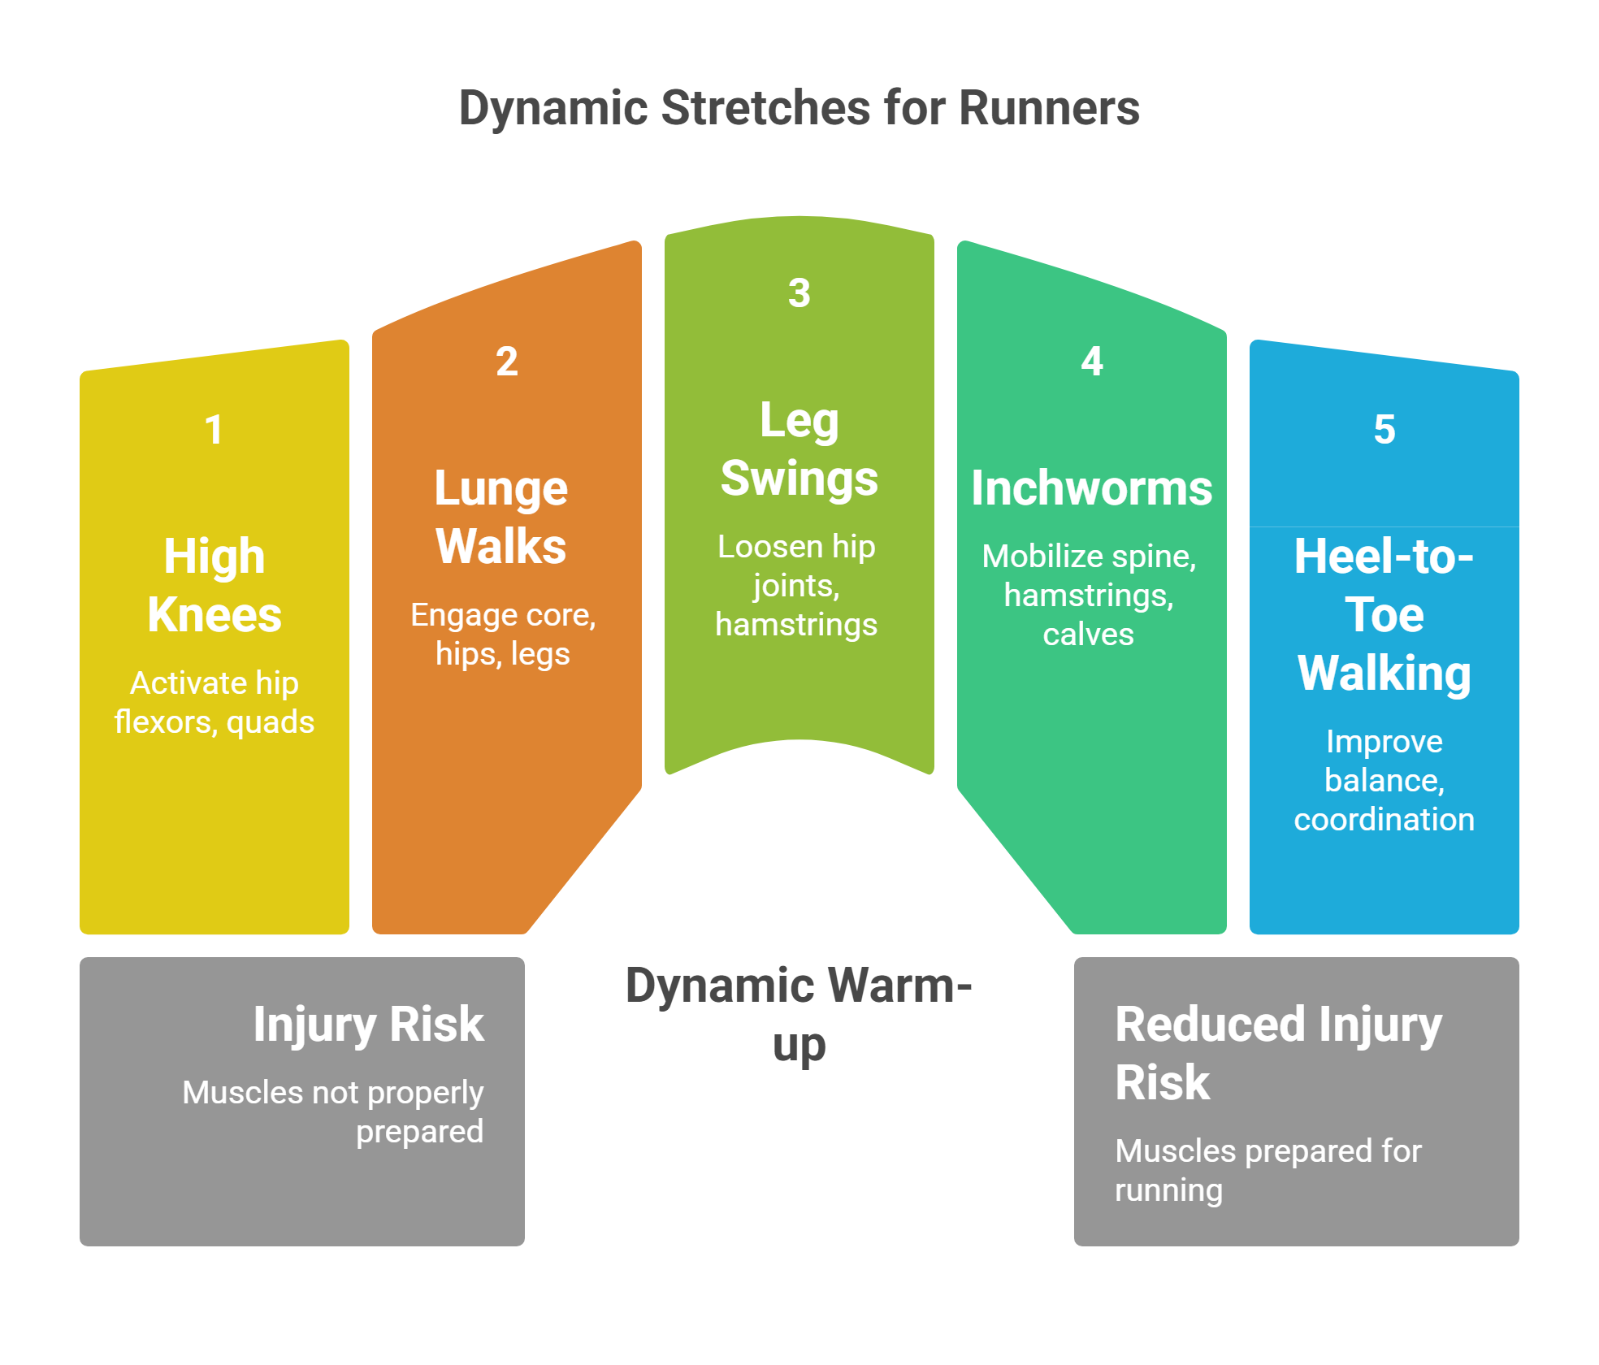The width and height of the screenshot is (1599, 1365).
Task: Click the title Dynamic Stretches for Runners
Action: [x=799, y=108]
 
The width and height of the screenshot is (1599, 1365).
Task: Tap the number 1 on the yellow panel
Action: [x=214, y=430]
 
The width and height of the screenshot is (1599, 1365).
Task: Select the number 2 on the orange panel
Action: [x=507, y=362]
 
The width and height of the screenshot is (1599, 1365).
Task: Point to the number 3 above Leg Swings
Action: [x=799, y=293]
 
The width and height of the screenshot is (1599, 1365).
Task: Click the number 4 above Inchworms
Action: [x=1092, y=362]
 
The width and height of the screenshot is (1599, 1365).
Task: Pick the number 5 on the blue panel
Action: [x=1384, y=430]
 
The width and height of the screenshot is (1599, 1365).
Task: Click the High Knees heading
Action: [x=214, y=585]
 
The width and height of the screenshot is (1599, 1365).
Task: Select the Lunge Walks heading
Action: [x=501, y=517]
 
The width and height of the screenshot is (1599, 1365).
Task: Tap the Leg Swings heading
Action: [x=799, y=448]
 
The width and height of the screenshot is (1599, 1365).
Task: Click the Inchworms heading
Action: [x=1092, y=488]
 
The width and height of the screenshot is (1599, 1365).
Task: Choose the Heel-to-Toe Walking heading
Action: [x=1384, y=614]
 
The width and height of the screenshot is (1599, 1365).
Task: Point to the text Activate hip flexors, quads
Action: [x=214, y=703]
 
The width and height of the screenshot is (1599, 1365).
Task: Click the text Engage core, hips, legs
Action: [x=503, y=635]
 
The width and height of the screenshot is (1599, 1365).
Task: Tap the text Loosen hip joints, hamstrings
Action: [x=796, y=586]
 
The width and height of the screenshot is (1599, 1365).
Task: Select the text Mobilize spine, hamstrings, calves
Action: [x=1089, y=596]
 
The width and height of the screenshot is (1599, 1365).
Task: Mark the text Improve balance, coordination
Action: [x=1384, y=780]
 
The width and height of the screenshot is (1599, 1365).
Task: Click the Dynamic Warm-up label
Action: [x=799, y=1015]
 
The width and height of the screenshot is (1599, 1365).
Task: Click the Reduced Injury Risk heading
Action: [x=1278, y=1053]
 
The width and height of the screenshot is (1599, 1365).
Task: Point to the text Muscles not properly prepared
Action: [x=333, y=1111]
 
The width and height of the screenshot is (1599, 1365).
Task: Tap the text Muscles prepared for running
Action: [x=1267, y=1170]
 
